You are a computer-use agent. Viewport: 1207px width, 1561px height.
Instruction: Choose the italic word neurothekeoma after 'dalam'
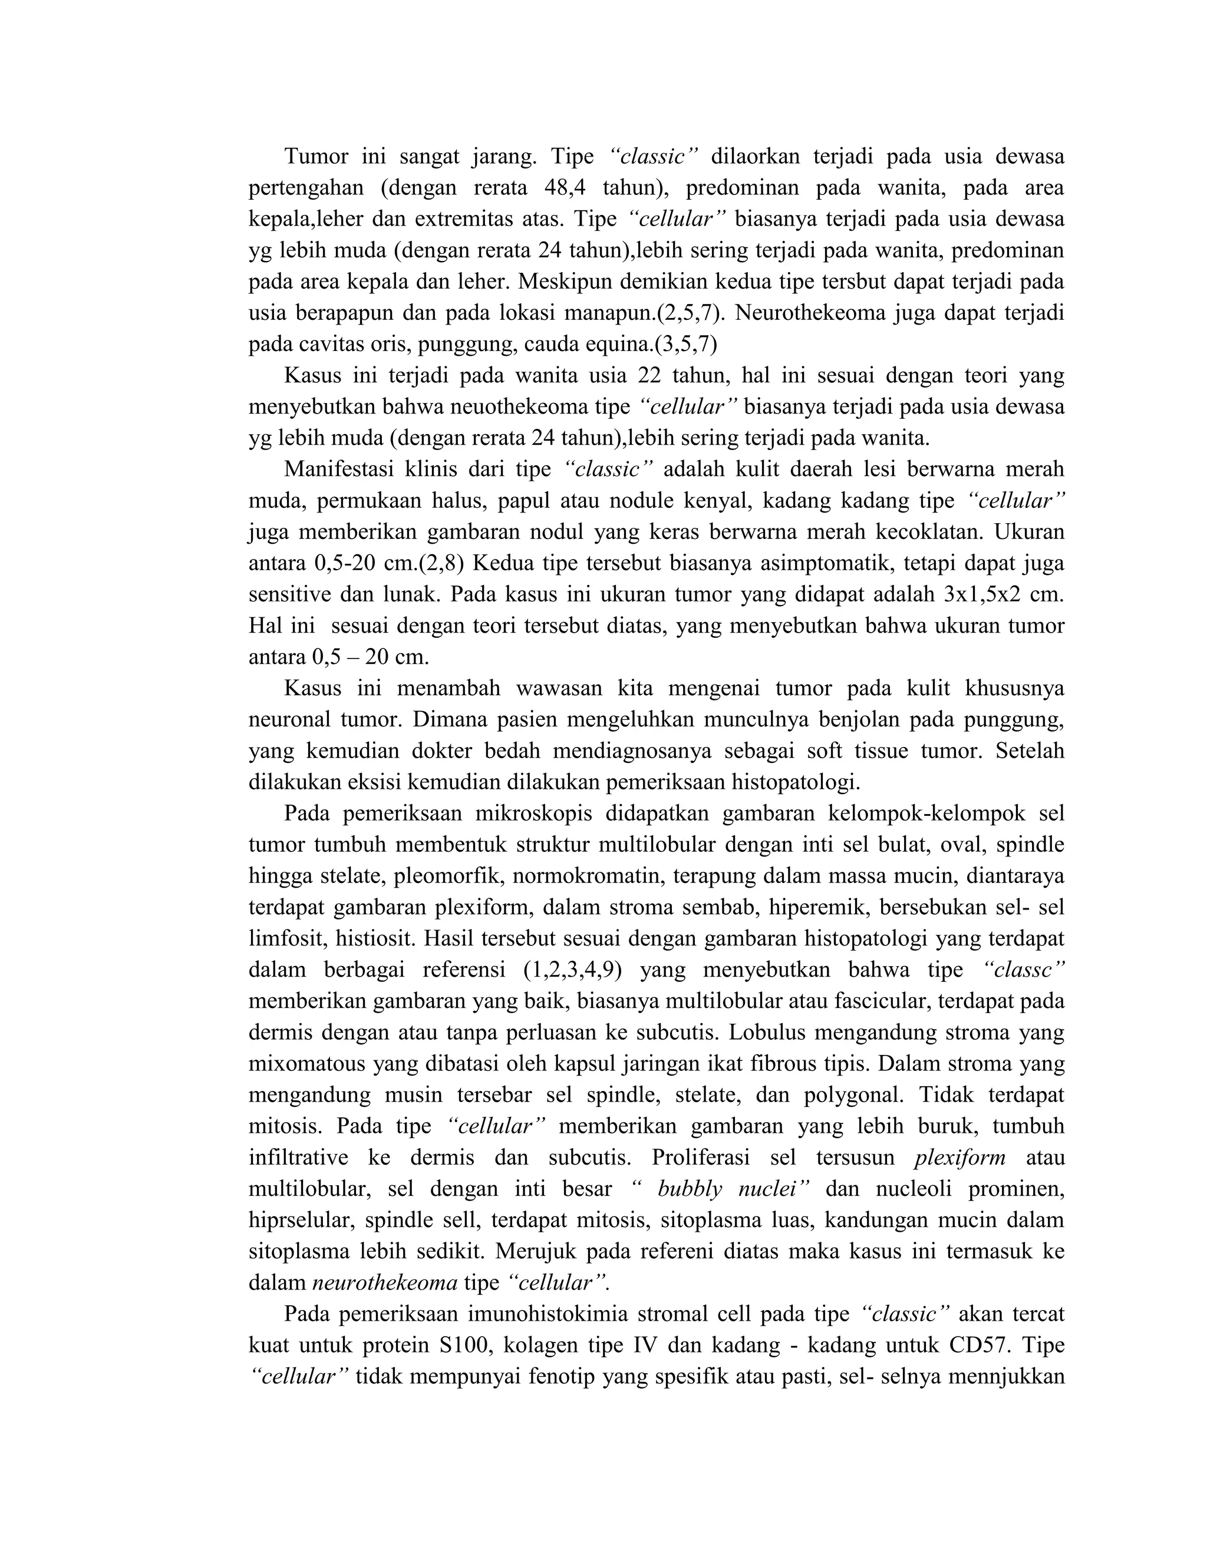(x=385, y=1283)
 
